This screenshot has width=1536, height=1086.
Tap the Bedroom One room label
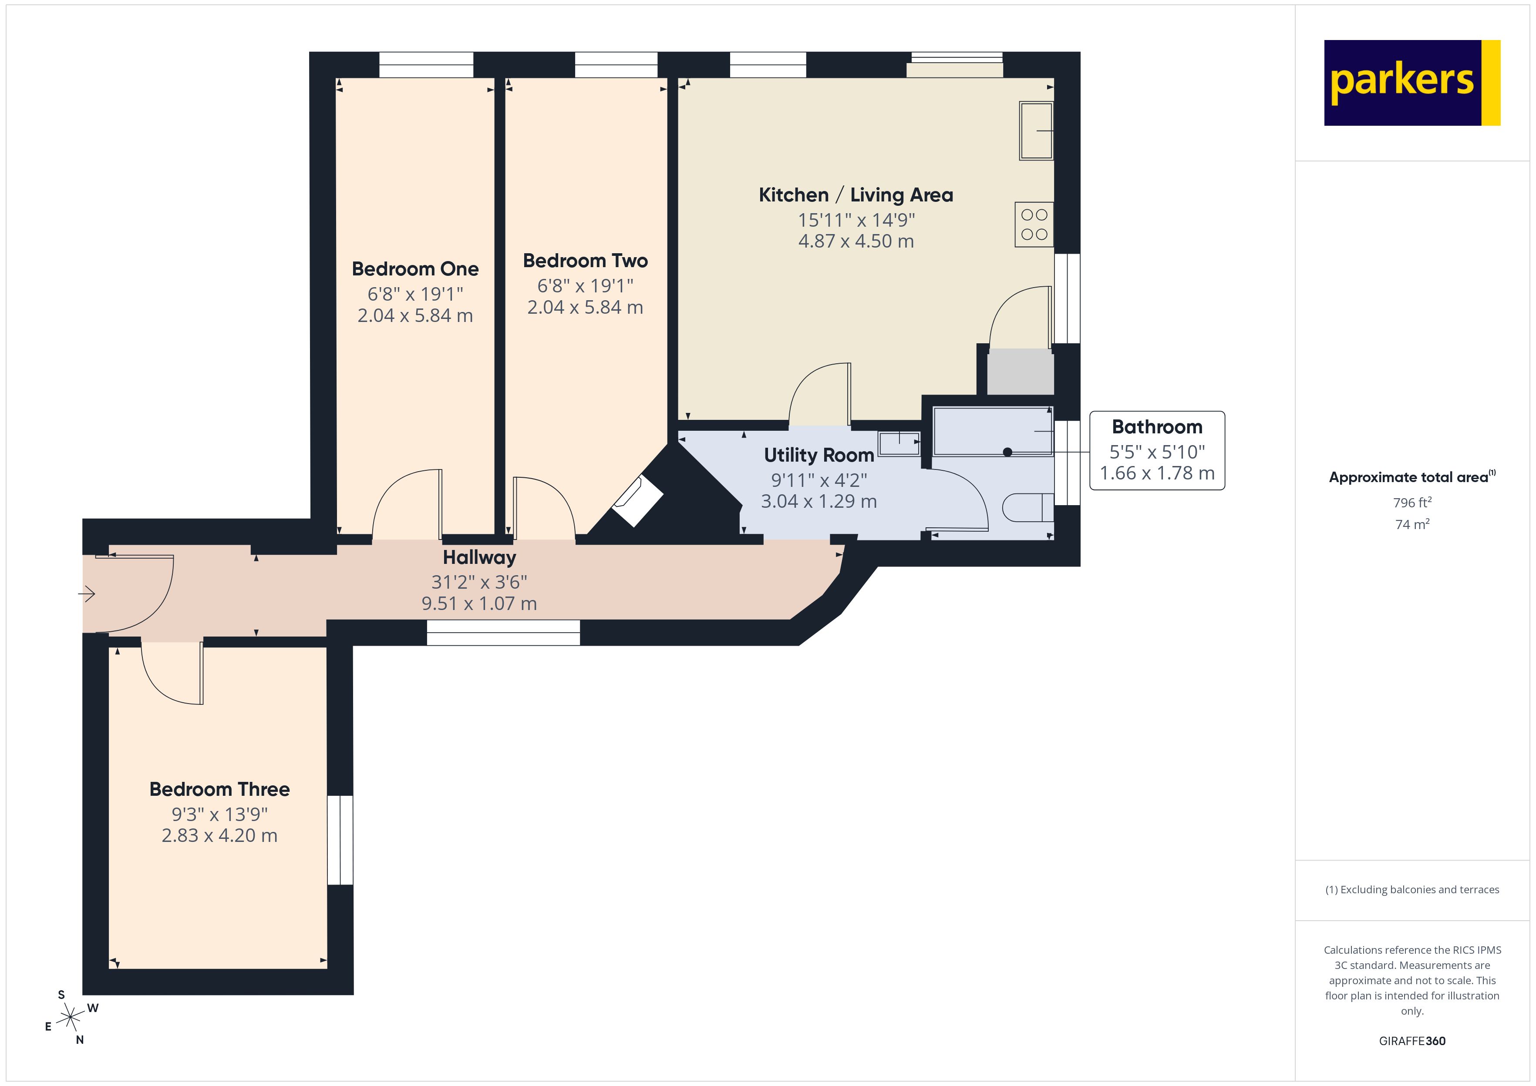[415, 269]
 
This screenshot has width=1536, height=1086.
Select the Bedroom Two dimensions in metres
[585, 308]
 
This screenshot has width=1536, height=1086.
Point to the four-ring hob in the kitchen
[1034, 225]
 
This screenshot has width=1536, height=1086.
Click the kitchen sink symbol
[1036, 131]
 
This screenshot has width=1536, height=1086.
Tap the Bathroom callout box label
[1157, 427]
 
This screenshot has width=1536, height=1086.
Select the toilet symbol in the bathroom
[1027, 508]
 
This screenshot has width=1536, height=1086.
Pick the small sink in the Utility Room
[899, 443]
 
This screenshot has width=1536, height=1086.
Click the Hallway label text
[479, 557]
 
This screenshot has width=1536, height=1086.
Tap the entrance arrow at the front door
[87, 593]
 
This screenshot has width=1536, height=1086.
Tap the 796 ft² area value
[1411, 502]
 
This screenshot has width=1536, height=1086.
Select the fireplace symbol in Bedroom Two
[637, 501]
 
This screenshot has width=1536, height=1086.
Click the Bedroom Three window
[340, 840]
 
